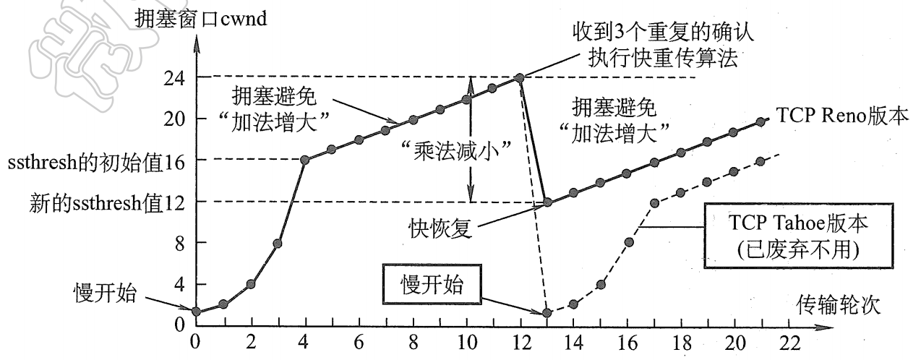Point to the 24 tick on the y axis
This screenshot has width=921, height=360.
pyautogui.click(x=176, y=77)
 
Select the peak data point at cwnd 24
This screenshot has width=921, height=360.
pyautogui.click(x=519, y=77)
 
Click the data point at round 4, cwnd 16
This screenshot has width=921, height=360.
pyautogui.click(x=304, y=160)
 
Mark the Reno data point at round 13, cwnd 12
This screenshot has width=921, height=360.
pyautogui.click(x=547, y=202)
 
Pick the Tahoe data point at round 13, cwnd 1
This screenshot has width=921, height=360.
pyautogui.click(x=547, y=312)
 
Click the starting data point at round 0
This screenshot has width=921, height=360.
pyautogui.click(x=195, y=312)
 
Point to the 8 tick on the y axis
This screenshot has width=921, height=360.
pyautogui.click(x=179, y=243)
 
